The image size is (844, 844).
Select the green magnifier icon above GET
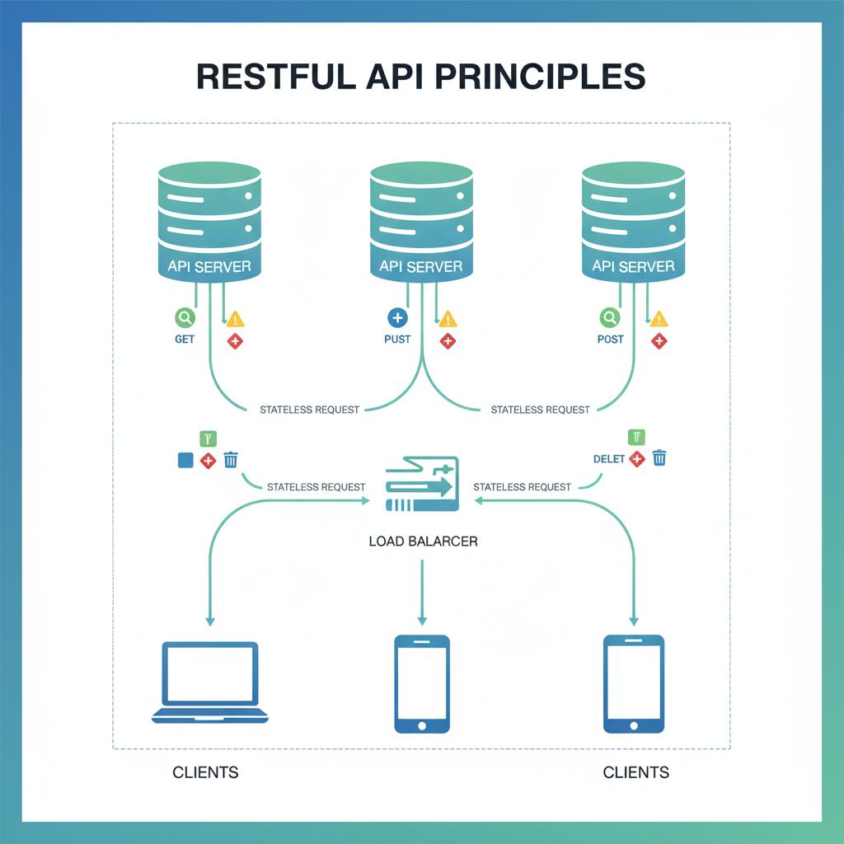coord(185,317)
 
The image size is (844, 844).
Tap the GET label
coord(185,340)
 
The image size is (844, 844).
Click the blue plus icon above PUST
coord(397,317)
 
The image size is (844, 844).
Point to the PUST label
coord(397,340)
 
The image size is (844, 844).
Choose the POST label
coord(610,340)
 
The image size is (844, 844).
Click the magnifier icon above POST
coord(610,317)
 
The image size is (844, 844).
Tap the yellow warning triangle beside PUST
coord(448,319)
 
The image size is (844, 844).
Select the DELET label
coord(609,459)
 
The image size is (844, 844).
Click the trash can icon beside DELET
coord(659,458)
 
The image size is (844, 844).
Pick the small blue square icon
coord(185,460)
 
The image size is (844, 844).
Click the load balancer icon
coord(421,486)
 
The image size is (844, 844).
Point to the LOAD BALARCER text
coord(422,542)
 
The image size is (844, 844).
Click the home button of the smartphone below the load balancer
coord(422,725)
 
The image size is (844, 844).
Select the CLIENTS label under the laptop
coord(205,772)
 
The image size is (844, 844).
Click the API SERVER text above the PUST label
coord(421,266)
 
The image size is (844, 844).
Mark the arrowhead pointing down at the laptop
coord(210,620)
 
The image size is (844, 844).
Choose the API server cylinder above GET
coord(209,218)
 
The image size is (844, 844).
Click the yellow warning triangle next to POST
coord(659,319)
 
